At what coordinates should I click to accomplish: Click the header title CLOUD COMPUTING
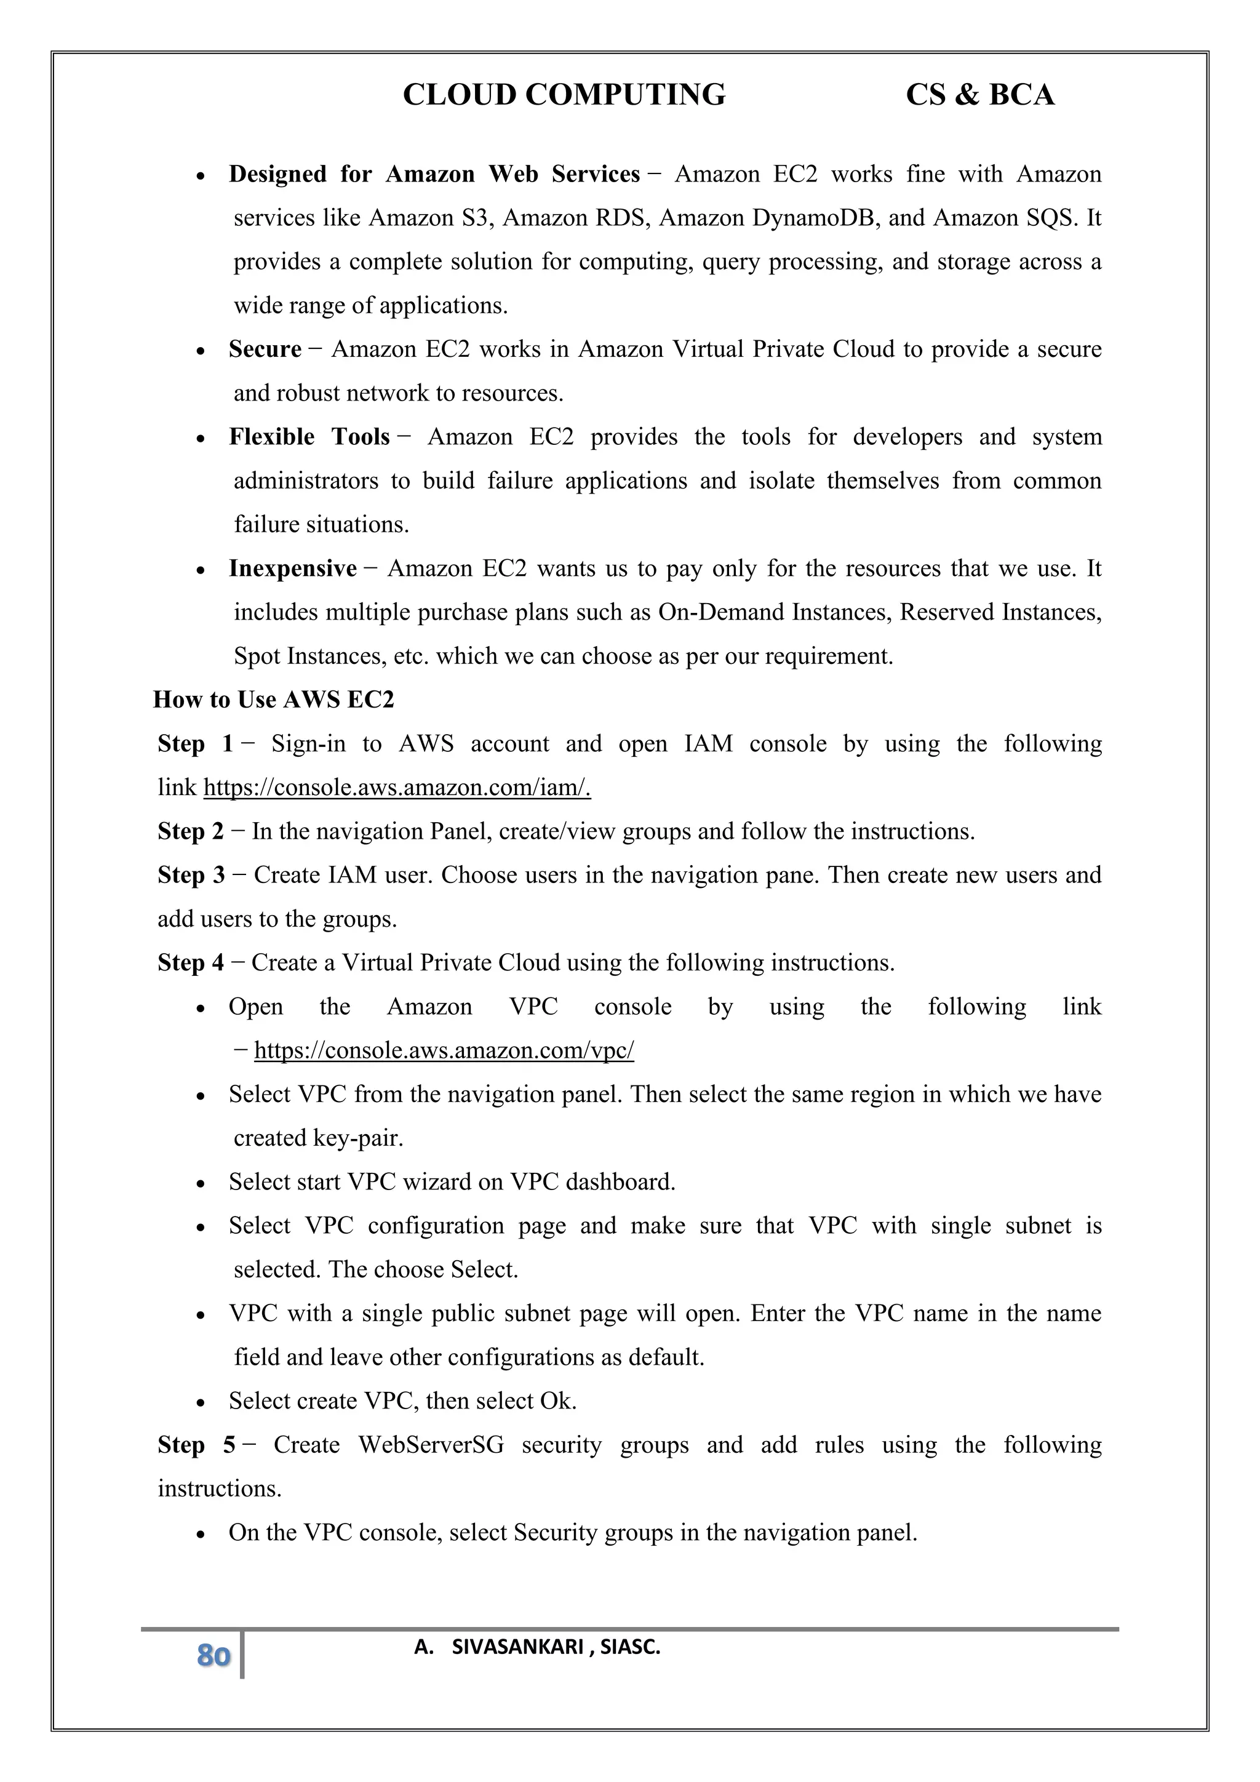click(x=564, y=95)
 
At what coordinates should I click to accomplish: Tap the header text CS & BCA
click(x=979, y=95)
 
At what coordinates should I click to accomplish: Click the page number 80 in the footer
click(x=213, y=1655)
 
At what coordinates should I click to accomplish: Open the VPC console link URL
click(x=444, y=1051)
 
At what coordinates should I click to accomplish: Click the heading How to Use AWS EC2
click(x=274, y=700)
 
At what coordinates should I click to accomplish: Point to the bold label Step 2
click(x=191, y=831)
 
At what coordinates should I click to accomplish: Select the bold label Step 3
click(x=191, y=876)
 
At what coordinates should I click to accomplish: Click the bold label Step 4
click(x=191, y=963)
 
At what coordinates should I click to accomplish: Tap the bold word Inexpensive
click(x=292, y=569)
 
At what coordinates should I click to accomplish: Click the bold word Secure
click(x=265, y=350)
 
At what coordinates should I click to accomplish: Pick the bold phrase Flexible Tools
click(x=309, y=437)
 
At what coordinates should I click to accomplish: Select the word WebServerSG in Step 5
click(x=431, y=1445)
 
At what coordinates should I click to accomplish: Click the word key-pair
click(x=357, y=1138)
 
